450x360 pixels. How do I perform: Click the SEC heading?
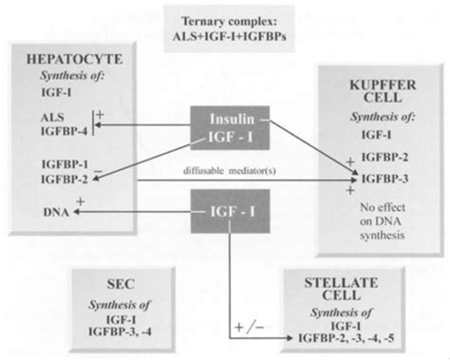[124, 284]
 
